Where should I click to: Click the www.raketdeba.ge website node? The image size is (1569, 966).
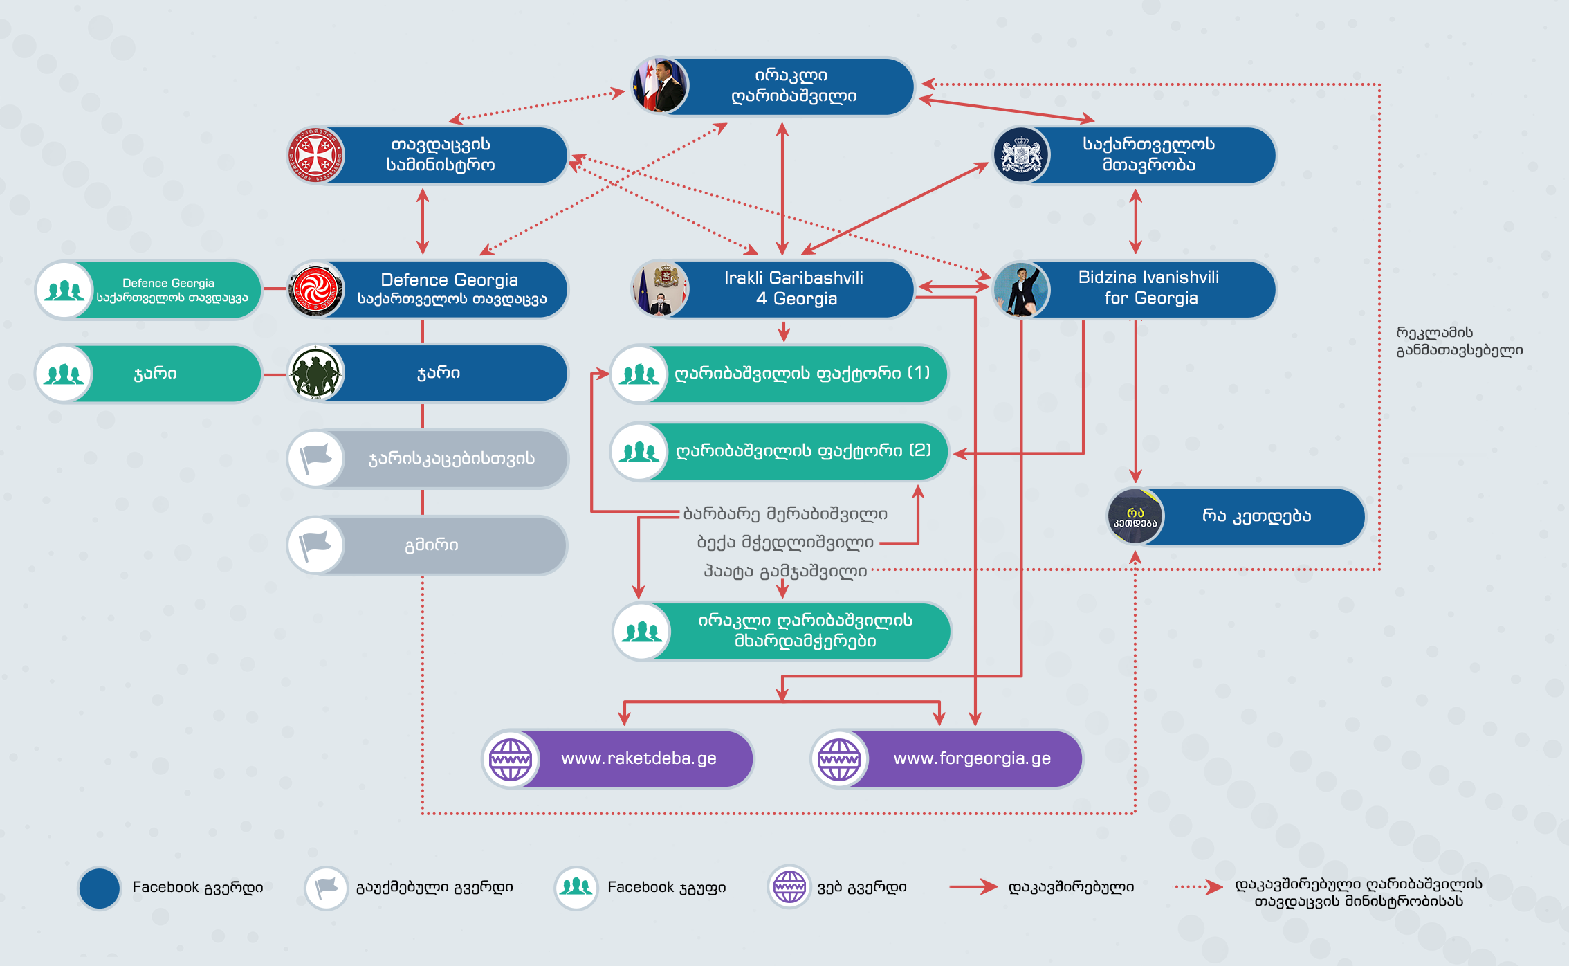[618, 759]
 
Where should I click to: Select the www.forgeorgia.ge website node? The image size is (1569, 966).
[947, 759]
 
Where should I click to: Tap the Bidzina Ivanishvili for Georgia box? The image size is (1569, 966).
[1135, 289]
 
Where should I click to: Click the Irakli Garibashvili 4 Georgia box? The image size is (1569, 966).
[773, 289]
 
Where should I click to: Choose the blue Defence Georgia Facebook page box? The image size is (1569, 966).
[428, 289]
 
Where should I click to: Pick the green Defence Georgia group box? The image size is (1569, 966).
[149, 290]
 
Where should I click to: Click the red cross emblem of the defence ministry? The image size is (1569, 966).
[316, 155]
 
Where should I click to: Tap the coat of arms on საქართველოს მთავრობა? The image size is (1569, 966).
[1022, 155]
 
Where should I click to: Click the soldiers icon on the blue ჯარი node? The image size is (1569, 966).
[316, 374]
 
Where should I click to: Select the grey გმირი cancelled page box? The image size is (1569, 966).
[428, 545]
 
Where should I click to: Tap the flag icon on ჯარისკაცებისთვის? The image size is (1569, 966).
[316, 459]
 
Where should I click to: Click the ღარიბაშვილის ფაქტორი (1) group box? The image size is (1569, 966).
[779, 374]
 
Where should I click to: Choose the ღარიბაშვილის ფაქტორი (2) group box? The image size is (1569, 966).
[779, 451]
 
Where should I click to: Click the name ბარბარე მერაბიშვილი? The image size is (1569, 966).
[785, 514]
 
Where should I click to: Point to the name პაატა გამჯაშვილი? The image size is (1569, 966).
[785, 572]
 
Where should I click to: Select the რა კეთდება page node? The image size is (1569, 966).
[1236, 517]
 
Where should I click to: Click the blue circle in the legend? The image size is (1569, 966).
[100, 888]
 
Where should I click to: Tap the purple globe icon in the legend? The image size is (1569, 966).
[789, 886]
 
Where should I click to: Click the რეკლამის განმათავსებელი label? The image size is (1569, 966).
[1460, 341]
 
